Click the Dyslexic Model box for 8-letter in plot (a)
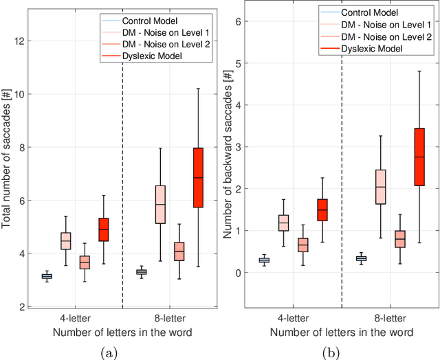click(x=198, y=177)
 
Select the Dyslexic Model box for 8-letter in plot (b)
click(x=417, y=157)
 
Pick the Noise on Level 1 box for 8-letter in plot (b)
click(x=379, y=186)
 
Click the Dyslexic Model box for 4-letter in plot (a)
click(x=104, y=229)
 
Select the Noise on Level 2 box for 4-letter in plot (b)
click(x=303, y=245)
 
